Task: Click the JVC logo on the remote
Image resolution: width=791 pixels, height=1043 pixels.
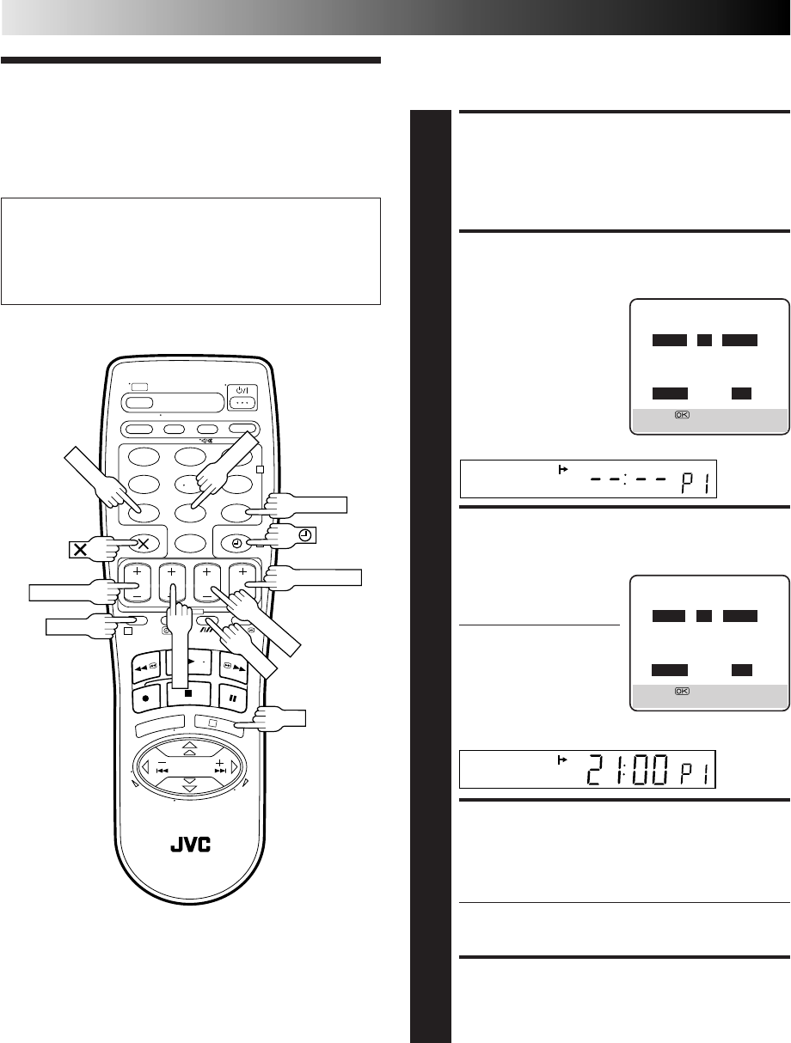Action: point(190,845)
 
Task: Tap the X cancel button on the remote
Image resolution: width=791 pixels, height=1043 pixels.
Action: point(143,544)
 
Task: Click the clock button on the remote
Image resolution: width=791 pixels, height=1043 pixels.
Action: point(236,544)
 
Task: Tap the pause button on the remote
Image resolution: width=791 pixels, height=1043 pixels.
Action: point(232,698)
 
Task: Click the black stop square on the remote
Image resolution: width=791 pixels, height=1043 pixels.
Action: point(188,693)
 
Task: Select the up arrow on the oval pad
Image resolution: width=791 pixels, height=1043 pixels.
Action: point(190,747)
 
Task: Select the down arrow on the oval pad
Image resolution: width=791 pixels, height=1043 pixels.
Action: point(190,784)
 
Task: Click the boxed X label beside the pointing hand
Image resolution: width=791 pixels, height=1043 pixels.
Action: point(80,550)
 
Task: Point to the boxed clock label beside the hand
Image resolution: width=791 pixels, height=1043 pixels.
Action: point(306,535)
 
